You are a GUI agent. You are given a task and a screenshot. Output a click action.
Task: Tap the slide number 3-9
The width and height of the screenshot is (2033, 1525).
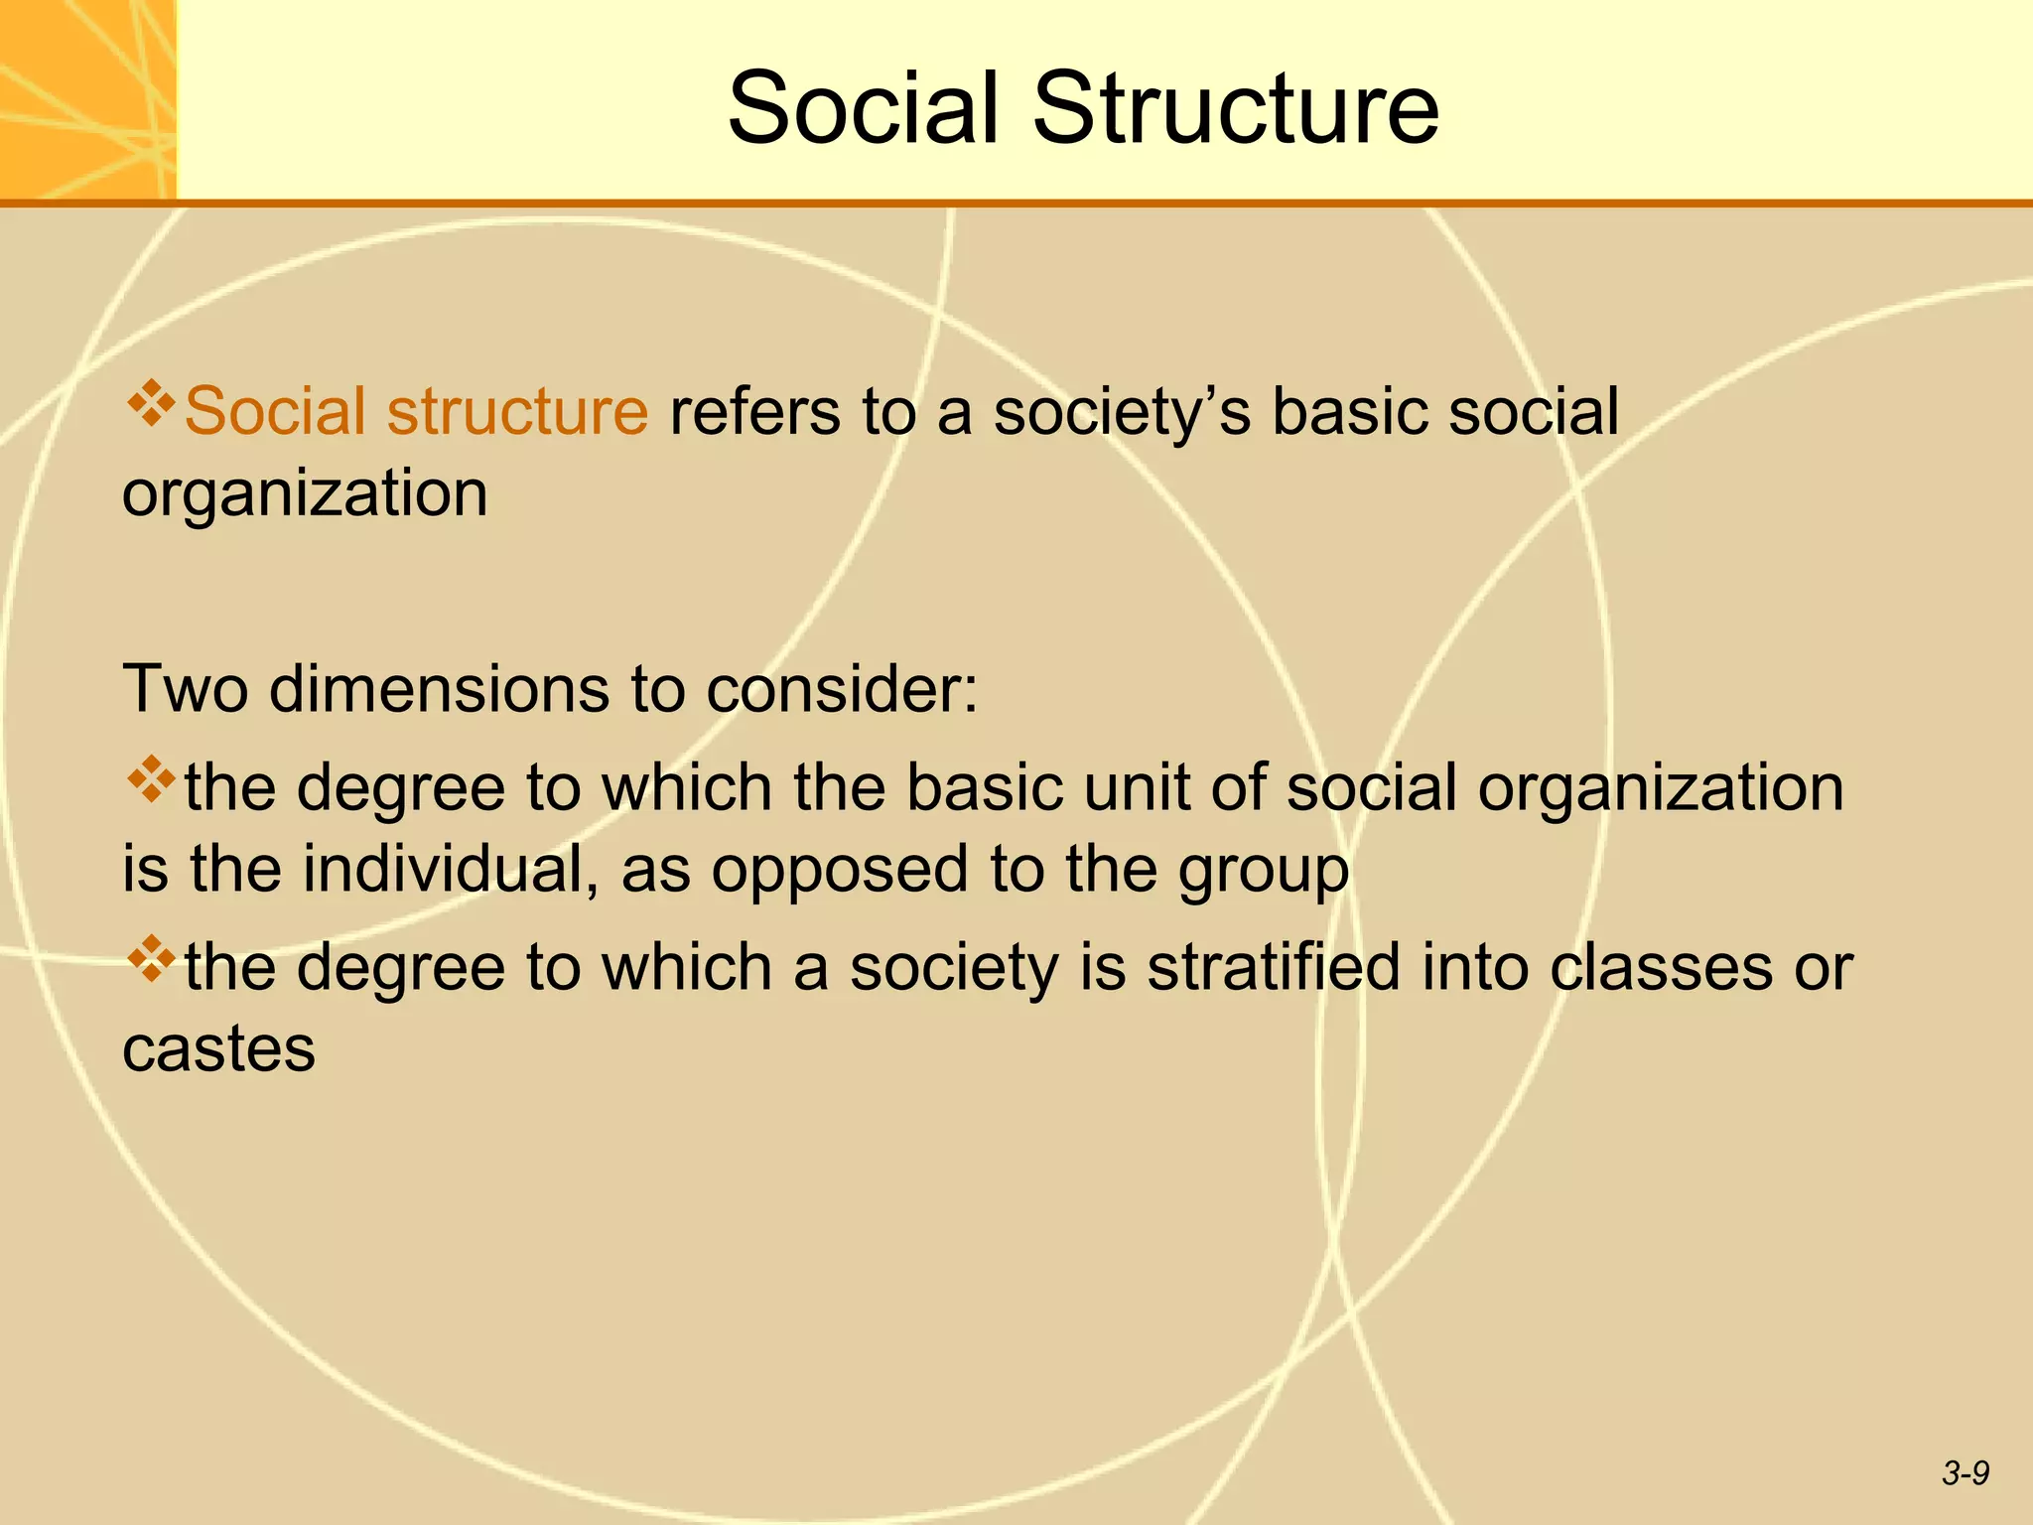point(1965,1473)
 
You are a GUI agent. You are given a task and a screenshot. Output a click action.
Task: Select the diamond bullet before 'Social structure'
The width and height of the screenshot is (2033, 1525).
point(151,403)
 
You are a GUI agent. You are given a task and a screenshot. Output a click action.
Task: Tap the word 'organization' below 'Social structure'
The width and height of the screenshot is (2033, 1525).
point(305,493)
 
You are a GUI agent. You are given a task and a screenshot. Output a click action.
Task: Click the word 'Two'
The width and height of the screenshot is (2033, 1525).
point(185,688)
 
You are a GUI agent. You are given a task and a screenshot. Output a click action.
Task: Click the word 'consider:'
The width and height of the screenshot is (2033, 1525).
point(842,688)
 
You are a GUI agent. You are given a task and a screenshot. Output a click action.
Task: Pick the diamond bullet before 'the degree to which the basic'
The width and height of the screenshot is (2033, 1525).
point(151,779)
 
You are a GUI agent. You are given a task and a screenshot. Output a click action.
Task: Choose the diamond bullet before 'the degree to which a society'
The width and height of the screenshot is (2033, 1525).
point(151,958)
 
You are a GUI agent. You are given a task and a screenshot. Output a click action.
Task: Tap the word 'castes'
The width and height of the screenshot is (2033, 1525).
point(218,1048)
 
